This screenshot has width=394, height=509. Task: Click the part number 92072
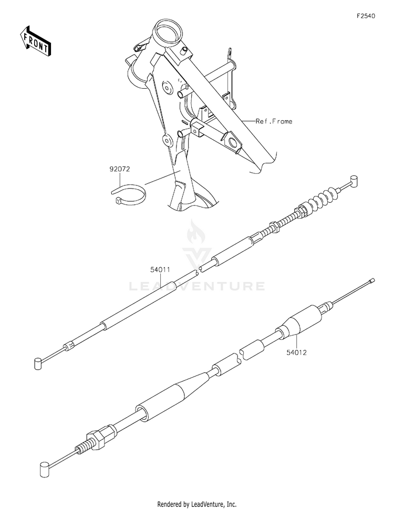(120, 169)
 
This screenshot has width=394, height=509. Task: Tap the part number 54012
(297, 354)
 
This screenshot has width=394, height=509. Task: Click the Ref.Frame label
(274, 121)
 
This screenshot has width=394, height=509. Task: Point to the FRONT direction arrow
(36, 40)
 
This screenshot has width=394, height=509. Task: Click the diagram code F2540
(366, 16)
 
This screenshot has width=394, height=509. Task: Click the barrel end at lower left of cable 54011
(37, 362)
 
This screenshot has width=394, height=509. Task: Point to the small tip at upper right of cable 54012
(372, 281)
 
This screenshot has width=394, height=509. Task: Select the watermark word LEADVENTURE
(197, 286)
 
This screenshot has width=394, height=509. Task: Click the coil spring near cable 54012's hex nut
(81, 447)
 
